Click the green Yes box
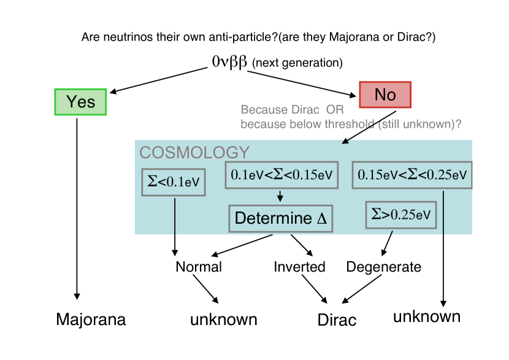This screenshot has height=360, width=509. pos(80,102)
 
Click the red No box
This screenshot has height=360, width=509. pos(385,94)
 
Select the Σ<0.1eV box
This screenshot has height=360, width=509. pos(174,182)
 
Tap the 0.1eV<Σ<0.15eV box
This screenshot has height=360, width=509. pos(281,175)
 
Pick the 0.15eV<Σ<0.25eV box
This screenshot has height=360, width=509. pos(412,175)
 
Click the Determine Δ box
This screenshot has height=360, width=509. pos(280,218)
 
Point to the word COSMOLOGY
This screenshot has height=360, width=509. pos(194,153)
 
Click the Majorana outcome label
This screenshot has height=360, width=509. pos(91,320)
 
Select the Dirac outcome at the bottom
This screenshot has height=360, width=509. pos(337,320)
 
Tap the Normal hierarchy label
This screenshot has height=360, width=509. pos(199,267)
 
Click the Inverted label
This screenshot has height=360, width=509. pos(299,267)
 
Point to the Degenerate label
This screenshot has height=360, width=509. pos(384,267)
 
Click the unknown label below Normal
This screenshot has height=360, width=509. pos(223,320)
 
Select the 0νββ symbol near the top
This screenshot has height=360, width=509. pos(229,62)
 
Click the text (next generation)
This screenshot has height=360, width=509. pos(297,63)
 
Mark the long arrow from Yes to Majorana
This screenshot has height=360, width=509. pos(77,209)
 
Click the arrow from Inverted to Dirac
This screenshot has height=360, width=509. pos(314,288)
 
